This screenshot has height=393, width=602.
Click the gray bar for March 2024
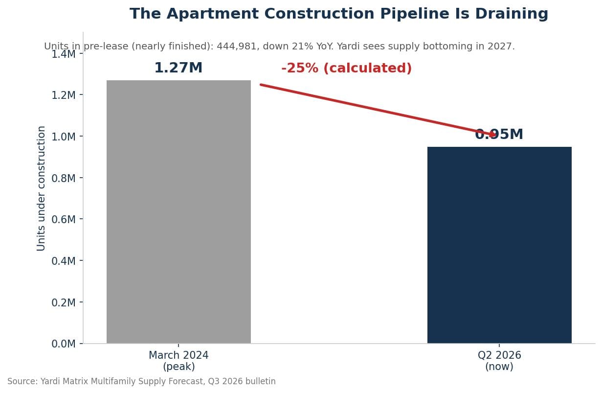coord(178,212)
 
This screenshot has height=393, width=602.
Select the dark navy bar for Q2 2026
coord(499,245)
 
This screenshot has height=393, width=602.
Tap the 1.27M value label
coord(178,68)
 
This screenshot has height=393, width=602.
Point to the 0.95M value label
coord(499,134)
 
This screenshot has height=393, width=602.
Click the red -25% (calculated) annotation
coord(346,68)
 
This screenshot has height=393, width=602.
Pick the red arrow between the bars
coord(378,110)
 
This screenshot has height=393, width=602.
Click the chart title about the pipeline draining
coord(339,14)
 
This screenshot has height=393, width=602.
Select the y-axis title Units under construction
coord(41,188)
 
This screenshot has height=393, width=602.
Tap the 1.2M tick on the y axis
coord(64,95)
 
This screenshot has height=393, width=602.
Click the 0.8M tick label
coord(64,178)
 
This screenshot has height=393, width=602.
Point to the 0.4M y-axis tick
coord(64,261)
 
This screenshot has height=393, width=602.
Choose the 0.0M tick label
coord(64,344)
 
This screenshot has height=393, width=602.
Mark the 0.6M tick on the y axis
coord(64,219)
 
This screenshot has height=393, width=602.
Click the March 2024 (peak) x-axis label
coord(178,361)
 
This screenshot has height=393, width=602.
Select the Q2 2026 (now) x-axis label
coord(499,361)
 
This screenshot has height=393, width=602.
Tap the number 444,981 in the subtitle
coord(237,46)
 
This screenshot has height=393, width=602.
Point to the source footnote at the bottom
coord(141,381)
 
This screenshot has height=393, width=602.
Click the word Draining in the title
coord(512,14)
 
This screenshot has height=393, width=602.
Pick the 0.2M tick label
coord(64,302)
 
